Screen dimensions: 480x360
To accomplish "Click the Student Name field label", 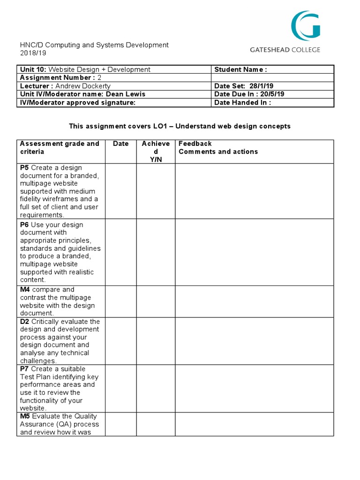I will (x=240, y=69).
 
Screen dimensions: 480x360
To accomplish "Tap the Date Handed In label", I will (x=242, y=102).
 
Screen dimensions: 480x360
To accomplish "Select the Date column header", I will (x=120, y=143).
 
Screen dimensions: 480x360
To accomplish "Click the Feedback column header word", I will (x=195, y=143).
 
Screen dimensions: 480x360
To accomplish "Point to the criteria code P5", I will (x=24, y=167).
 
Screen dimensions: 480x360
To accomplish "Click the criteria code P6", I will (x=24, y=225).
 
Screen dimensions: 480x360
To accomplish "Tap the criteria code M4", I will (x=25, y=289).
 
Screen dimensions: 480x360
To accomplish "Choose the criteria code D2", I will (x=25, y=322).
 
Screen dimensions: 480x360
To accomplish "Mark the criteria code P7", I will (x=24, y=369).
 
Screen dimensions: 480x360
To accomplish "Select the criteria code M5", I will (x=25, y=416).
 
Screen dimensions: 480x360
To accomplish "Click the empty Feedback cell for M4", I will (x=254, y=301).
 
